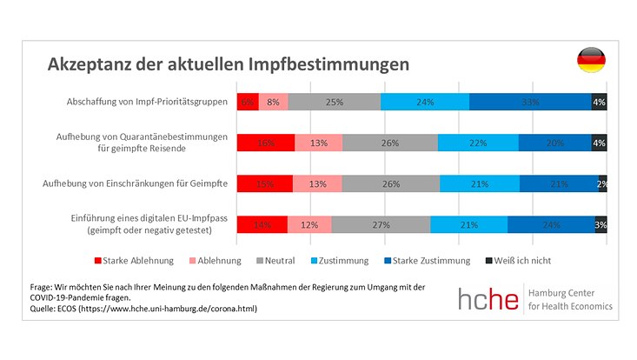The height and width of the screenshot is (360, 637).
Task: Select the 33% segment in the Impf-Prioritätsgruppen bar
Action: pyautogui.click(x=530, y=102)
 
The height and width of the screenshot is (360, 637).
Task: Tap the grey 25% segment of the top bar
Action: pyautogui.click(x=335, y=102)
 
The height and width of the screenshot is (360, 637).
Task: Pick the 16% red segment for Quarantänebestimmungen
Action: pyautogui.click(x=265, y=143)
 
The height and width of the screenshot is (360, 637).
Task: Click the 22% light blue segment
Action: pyautogui.click(x=478, y=143)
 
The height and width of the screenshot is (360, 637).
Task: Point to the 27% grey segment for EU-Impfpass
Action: pyautogui.click(x=381, y=223)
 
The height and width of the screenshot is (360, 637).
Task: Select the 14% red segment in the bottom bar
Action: pyautogui.click(x=262, y=223)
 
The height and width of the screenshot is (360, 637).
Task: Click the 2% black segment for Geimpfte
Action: pyautogui.click(x=602, y=183)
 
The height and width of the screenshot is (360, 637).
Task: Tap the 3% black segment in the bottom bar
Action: pyautogui.click(x=601, y=223)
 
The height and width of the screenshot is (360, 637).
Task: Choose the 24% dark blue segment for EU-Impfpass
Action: pyautogui.click(x=551, y=223)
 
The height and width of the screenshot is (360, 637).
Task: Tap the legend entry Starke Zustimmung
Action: pyautogui.click(x=425, y=260)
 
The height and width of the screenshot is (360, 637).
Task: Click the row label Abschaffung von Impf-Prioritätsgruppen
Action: pyautogui.click(x=147, y=102)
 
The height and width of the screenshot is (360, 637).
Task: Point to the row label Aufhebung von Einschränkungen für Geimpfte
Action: pyautogui.click(x=136, y=183)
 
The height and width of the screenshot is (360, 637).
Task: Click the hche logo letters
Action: pyautogui.click(x=489, y=298)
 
